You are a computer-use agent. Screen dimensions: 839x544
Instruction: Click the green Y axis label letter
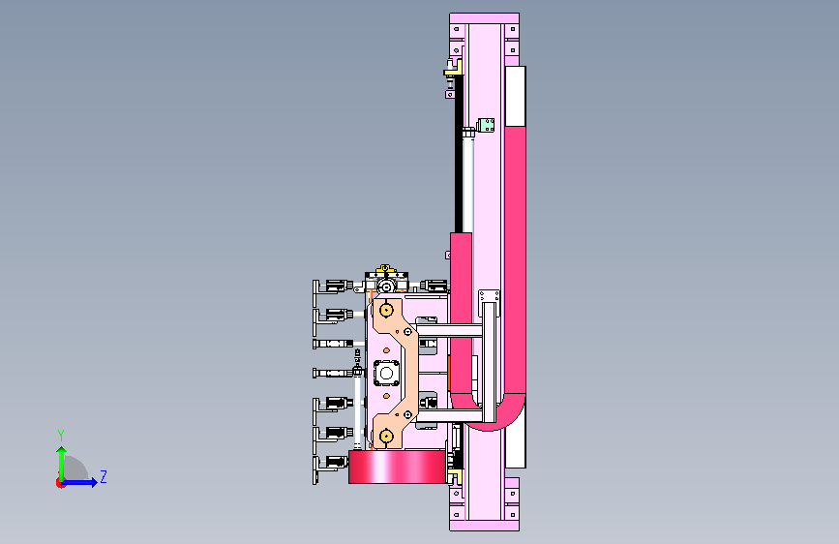(61, 435)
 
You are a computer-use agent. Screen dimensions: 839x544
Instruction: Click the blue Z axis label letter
(104, 476)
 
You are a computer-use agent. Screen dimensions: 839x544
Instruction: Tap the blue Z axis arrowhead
(94, 482)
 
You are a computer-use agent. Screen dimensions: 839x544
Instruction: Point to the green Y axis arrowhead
(62, 451)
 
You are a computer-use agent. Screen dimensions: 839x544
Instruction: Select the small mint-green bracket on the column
(486, 126)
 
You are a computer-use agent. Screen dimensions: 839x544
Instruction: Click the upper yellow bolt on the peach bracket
(386, 310)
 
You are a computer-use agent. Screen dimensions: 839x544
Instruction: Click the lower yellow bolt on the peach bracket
(386, 437)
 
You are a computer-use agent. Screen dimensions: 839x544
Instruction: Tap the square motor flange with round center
(386, 374)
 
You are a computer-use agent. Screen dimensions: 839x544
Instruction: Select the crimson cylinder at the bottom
(397, 467)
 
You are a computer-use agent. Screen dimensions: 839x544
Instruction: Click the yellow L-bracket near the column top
(454, 68)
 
